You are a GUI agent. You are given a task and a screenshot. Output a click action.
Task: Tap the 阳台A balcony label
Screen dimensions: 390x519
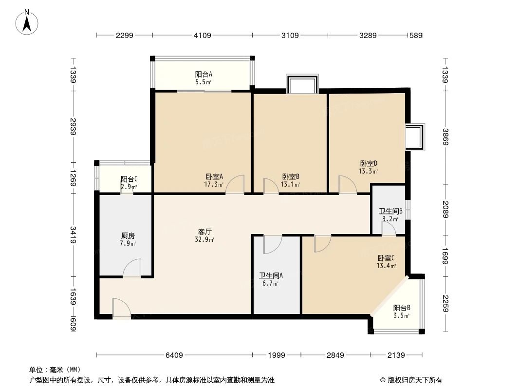pyautogui.click(x=204, y=75)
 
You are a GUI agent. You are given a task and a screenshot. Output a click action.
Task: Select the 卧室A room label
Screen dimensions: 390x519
pyautogui.click(x=214, y=177)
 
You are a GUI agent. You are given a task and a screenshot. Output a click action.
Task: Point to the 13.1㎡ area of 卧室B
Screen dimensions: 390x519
pyautogui.click(x=291, y=185)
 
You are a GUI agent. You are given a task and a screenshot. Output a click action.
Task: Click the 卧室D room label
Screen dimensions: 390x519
pyautogui.click(x=369, y=163)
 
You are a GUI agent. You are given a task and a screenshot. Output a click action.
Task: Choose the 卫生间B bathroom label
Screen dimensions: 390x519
pyautogui.click(x=390, y=211)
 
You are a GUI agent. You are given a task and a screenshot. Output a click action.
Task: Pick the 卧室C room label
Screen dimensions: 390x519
pyautogui.click(x=386, y=258)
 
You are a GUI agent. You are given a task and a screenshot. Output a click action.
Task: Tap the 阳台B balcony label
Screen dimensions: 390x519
pyautogui.click(x=402, y=308)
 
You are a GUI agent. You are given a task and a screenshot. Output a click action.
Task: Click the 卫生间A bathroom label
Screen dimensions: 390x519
pyautogui.click(x=271, y=275)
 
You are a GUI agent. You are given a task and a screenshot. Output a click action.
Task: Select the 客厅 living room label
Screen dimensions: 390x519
pyautogui.click(x=205, y=231)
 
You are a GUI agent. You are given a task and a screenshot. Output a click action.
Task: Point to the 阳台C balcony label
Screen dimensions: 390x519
pyautogui.click(x=129, y=179)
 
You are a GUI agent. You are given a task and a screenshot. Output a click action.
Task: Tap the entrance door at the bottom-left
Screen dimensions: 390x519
pyautogui.click(x=121, y=309)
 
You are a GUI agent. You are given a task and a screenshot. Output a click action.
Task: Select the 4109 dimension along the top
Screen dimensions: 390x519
pyautogui.click(x=203, y=35)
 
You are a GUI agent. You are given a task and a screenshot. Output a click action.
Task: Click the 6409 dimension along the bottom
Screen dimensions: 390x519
pyautogui.click(x=174, y=355)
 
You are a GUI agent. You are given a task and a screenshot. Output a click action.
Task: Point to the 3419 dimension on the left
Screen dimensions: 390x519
pyautogui.click(x=73, y=235)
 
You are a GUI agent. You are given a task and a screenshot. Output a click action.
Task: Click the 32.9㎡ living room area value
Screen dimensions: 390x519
pyautogui.click(x=206, y=239)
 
